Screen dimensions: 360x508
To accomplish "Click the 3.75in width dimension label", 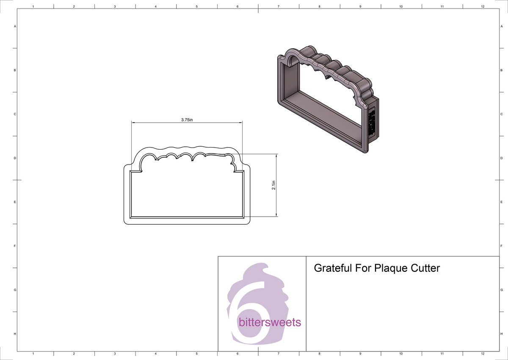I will click(x=187, y=120).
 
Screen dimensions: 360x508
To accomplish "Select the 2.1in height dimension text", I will click(x=274, y=185).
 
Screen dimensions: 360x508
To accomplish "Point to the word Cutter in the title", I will click(x=425, y=268).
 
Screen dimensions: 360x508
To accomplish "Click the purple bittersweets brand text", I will click(x=270, y=323).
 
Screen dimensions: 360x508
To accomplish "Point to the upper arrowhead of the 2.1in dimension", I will click(x=276, y=156).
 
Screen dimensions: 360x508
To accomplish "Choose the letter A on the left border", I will click(x=15, y=26).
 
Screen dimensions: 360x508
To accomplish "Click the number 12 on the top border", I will click(x=483, y=7).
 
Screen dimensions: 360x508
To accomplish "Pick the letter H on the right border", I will click(x=501, y=334).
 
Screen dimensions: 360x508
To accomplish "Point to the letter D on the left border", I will click(x=15, y=158).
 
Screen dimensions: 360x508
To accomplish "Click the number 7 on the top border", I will click(x=278, y=7).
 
